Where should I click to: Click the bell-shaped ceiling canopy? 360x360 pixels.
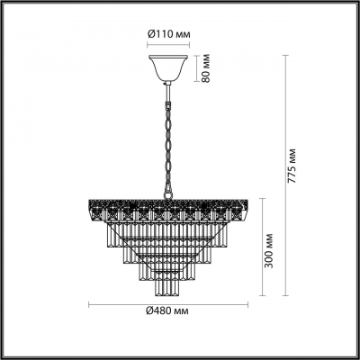tap(167, 68)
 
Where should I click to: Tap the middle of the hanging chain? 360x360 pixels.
tap(167, 135)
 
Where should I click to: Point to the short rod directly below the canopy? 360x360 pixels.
tap(167, 87)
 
